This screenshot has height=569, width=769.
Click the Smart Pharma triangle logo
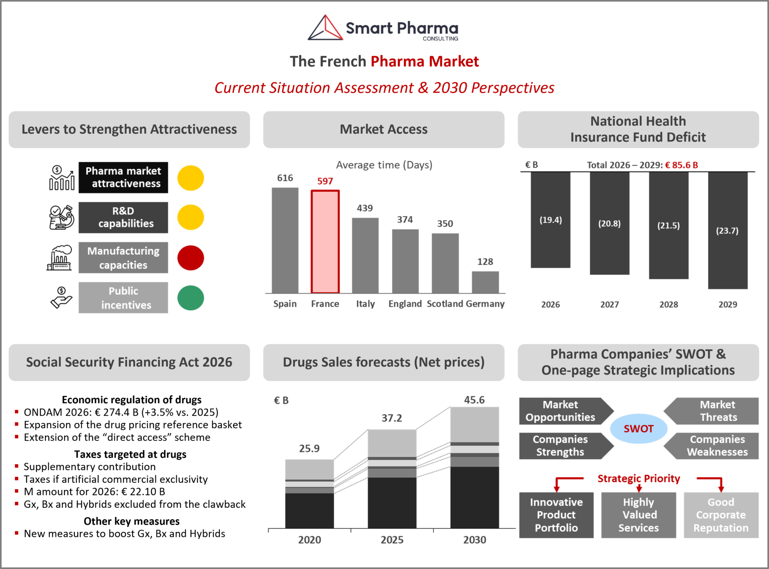326,28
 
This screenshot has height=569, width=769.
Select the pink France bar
325,241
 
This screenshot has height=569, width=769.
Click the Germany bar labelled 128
485,282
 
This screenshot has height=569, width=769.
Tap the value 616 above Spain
285,178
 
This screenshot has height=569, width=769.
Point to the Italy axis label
365,304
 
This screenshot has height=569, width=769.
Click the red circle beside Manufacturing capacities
191,258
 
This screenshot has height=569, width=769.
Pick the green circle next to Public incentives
191,298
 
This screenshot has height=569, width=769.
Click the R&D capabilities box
123,217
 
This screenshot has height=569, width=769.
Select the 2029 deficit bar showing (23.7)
727,231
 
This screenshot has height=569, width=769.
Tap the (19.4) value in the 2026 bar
550,220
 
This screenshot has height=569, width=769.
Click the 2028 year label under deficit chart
668,304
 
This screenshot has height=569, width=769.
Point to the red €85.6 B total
681,165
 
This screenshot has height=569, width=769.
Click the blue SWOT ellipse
638,428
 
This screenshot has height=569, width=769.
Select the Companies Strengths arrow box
563,446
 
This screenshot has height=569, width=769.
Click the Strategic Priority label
639,478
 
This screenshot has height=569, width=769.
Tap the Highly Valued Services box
638,515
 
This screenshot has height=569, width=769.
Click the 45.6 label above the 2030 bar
474,400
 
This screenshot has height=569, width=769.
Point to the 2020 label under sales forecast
309,540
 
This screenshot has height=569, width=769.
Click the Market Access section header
384,129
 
